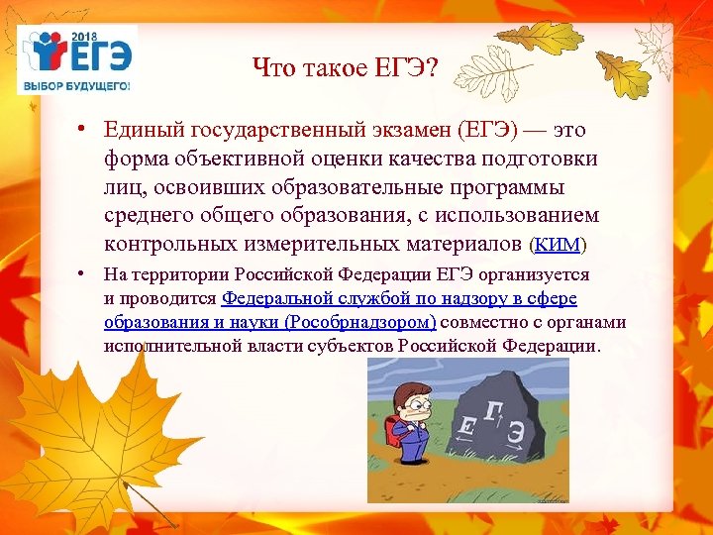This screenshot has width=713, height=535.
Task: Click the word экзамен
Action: click(406, 133)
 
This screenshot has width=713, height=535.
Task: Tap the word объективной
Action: click(231, 160)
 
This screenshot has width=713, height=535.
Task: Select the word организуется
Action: click(539, 274)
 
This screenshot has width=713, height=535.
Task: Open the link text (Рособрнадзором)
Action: click(359, 322)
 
